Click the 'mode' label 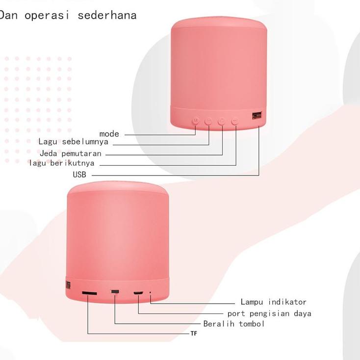(x=109, y=134)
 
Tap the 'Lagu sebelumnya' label (x=73, y=141)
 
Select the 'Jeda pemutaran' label (x=71, y=153)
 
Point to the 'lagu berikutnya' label (x=62, y=163)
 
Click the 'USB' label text (x=79, y=175)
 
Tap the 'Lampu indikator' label (x=274, y=302)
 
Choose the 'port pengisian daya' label (x=269, y=313)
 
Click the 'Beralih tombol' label (x=234, y=324)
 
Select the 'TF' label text (x=194, y=334)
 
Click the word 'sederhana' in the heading (x=107, y=15)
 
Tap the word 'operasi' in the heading (x=47, y=16)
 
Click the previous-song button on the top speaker (x=208, y=121)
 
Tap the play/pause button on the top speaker (x=221, y=121)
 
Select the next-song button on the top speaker (x=234, y=121)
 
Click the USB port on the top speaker (x=257, y=116)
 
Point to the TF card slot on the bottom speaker (x=89, y=293)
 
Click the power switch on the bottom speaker (x=115, y=292)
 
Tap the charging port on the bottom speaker (x=138, y=293)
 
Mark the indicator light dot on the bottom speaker (x=150, y=292)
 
